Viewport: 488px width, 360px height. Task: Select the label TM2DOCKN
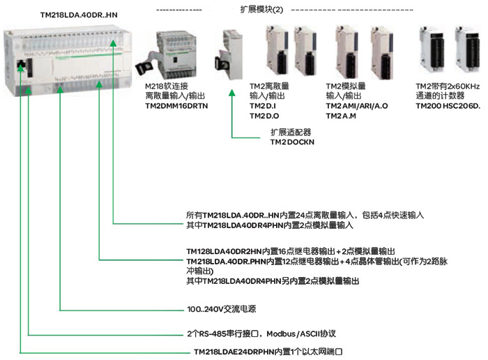[x=293, y=142]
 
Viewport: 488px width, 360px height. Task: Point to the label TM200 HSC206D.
[x=448, y=105]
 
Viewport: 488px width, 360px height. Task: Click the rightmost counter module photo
[x=466, y=49]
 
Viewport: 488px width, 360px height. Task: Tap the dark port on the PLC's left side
[x=21, y=68]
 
